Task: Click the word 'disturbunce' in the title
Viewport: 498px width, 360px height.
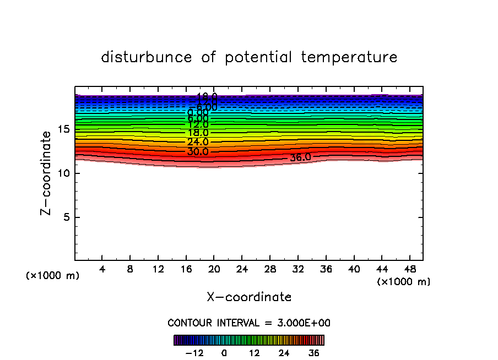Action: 147,57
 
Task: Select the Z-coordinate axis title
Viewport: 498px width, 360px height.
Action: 46,173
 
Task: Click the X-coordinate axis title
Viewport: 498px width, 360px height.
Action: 249,297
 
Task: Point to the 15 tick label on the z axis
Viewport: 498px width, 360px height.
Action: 64,129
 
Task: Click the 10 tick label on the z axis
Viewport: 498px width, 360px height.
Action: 64,173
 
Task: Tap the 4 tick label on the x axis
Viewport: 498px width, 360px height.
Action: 102,269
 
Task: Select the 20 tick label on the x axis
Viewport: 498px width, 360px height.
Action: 214,269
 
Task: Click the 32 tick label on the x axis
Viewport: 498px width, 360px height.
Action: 297,269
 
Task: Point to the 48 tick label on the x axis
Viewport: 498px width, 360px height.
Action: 409,269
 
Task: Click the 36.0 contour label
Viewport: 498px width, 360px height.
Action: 300,157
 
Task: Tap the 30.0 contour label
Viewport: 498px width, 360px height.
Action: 198,151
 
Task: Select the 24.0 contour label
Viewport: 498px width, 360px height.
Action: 198,142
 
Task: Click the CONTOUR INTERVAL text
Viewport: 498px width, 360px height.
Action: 249,323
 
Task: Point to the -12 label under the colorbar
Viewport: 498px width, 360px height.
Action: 194,353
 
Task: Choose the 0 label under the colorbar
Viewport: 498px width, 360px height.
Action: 224,353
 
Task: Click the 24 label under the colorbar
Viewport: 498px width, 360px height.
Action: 284,353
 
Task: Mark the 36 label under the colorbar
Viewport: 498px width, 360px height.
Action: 314,353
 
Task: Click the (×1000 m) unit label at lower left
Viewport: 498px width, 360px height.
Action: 53,276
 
